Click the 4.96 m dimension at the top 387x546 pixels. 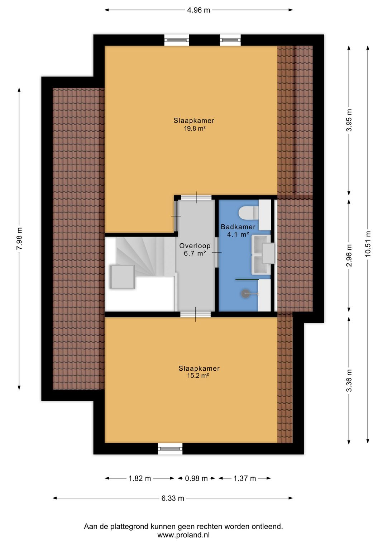click(x=199, y=10)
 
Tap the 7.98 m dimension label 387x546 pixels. click(x=19, y=239)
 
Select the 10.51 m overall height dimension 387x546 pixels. click(x=368, y=244)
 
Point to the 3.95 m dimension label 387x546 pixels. click(x=349, y=120)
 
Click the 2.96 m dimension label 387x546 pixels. click(x=349, y=255)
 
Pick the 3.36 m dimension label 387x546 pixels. click(x=349, y=380)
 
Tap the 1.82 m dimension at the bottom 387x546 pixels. click(x=140, y=478)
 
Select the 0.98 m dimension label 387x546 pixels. click(x=196, y=478)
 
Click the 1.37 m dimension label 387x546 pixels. click(x=245, y=478)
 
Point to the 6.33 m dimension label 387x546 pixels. click(x=173, y=498)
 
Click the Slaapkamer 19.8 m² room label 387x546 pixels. click(x=194, y=124)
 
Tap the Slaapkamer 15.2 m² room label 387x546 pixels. click(x=199, y=372)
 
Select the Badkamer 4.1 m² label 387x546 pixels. click(x=238, y=230)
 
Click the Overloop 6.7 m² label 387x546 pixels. click(x=195, y=249)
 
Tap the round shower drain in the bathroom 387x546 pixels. click(x=245, y=294)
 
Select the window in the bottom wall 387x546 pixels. click(x=170, y=449)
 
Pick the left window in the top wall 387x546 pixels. click(x=176, y=40)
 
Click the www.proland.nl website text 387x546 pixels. click(x=183, y=535)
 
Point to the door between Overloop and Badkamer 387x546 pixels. click(x=216, y=252)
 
